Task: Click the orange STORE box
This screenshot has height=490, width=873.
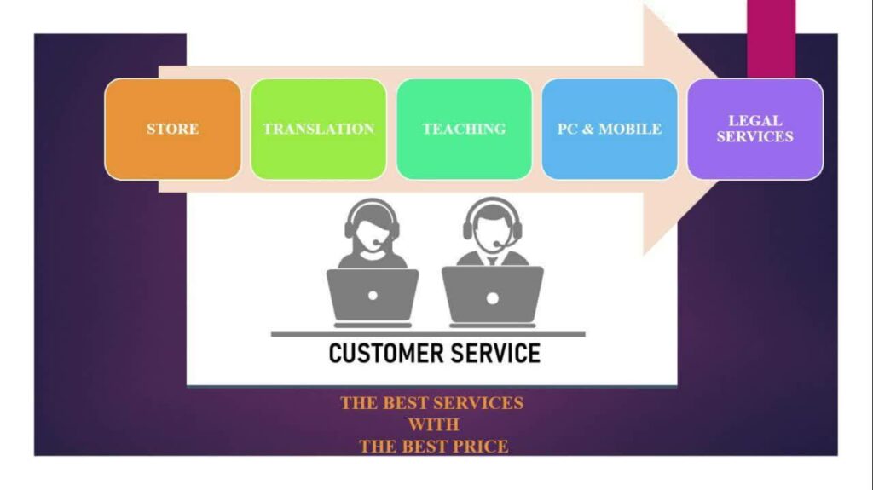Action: point(172,130)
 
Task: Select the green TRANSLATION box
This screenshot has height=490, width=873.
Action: point(319,130)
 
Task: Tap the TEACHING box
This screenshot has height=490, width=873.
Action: point(465,130)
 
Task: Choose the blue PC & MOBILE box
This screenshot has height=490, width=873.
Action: point(610,130)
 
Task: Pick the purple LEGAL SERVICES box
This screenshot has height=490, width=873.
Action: point(755,130)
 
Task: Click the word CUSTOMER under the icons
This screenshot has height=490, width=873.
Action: point(386,353)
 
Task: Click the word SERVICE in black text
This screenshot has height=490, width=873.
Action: point(495,353)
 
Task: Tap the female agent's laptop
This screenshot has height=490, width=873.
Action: point(373,297)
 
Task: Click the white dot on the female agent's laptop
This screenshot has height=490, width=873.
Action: point(373,296)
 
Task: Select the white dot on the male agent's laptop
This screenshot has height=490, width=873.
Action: point(493,298)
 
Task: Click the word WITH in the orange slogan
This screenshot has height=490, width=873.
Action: point(434,425)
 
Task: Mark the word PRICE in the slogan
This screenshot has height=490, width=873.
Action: point(480,447)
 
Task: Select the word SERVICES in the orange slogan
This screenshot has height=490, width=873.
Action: point(477,403)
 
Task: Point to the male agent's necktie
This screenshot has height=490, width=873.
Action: point(493,261)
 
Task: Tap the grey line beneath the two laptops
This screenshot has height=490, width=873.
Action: point(428,334)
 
